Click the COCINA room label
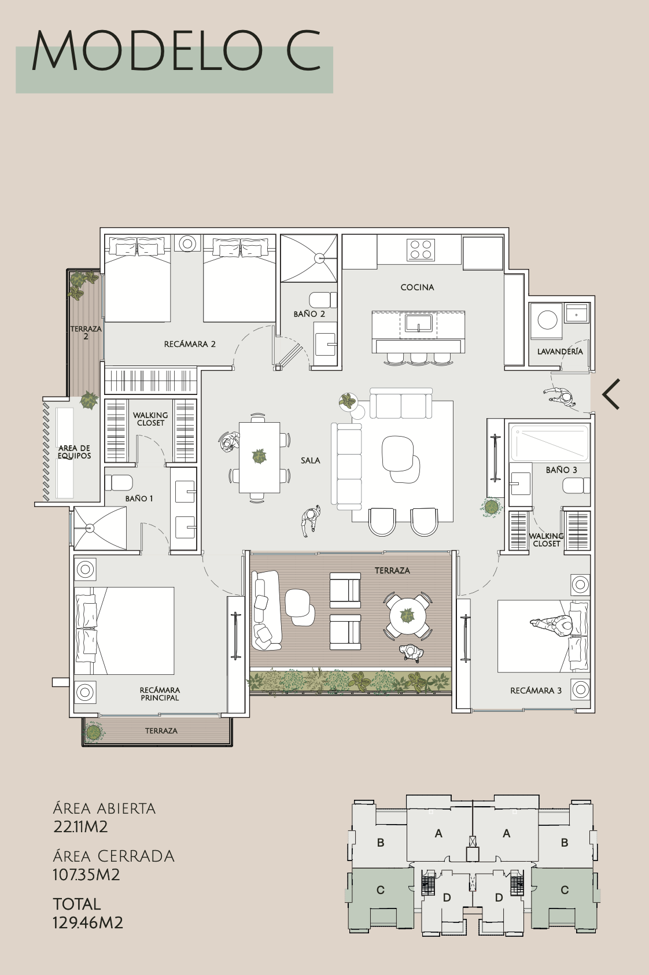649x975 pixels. point(417,287)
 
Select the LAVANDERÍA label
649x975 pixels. point(560,351)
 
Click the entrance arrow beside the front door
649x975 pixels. point(611,394)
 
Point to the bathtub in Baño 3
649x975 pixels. point(550,442)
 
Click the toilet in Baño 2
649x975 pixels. point(323,300)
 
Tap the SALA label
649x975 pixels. point(311,460)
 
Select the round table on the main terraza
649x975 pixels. point(408,615)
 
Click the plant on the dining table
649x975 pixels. point(259,456)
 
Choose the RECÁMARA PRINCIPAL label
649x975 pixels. point(160,694)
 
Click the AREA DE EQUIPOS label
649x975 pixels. point(75,452)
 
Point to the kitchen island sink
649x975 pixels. point(418,324)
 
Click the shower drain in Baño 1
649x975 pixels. point(89,528)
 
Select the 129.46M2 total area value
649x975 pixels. point(88,922)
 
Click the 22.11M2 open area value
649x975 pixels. point(80,826)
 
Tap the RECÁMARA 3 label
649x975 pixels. point(536,690)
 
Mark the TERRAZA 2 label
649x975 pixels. point(86,333)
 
